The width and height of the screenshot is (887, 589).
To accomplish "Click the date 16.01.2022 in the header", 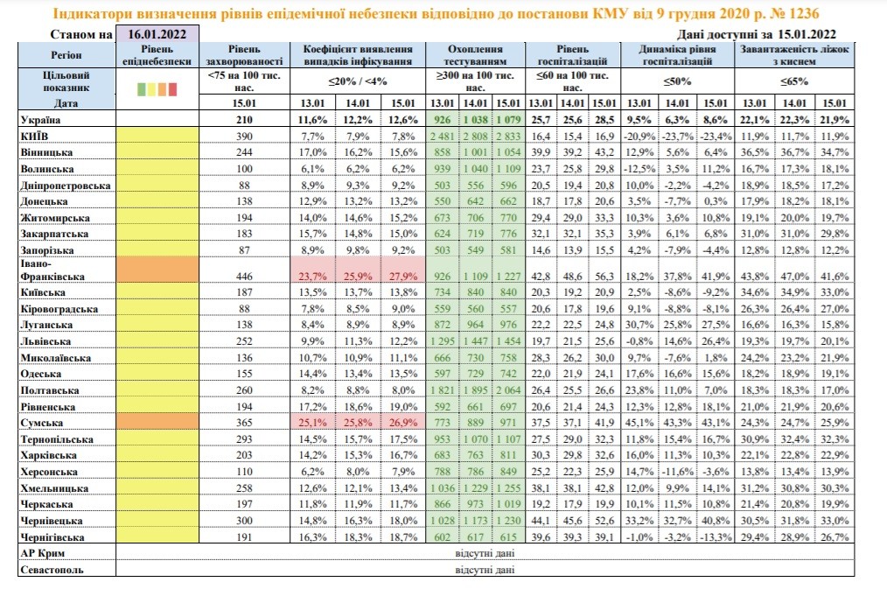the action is point(157,34).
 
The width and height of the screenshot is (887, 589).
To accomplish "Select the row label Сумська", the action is point(41,423).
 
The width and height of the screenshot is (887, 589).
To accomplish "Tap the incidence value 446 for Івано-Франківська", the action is point(244,276).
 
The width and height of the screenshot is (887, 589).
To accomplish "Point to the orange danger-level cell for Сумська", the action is point(157,422).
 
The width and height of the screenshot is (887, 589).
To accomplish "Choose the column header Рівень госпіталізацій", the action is point(572,55).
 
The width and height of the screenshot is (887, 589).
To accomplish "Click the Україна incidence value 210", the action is point(244,120).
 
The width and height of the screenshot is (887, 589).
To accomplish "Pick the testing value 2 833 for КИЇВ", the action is point(508,137).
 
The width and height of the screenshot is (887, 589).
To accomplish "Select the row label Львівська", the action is point(45,341).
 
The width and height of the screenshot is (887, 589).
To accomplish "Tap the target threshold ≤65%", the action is point(794,81).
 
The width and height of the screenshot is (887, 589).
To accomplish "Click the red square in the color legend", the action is point(172,88).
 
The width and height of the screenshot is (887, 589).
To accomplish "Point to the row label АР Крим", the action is point(43,553).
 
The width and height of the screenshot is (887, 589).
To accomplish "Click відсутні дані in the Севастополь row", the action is point(485,570).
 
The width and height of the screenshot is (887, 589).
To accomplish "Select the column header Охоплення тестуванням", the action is point(475,55).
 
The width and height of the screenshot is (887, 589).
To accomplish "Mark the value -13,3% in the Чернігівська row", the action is point(716,537).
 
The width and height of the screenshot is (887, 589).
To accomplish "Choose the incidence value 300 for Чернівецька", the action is point(244,521).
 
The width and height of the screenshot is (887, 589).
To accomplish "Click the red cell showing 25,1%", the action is point(313,422).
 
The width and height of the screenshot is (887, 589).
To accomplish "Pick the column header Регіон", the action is point(66,55).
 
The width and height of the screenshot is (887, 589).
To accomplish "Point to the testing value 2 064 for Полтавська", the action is point(508,389).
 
